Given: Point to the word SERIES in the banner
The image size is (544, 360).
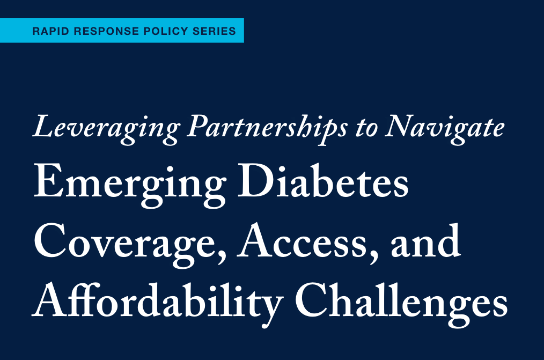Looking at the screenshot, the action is pyautogui.click(x=215, y=31).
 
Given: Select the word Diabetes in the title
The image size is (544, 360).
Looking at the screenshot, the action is pyautogui.click(x=323, y=180).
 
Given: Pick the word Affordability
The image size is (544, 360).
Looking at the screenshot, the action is pyautogui.click(x=158, y=300).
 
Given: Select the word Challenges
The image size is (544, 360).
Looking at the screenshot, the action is pyautogui.click(x=401, y=300).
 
